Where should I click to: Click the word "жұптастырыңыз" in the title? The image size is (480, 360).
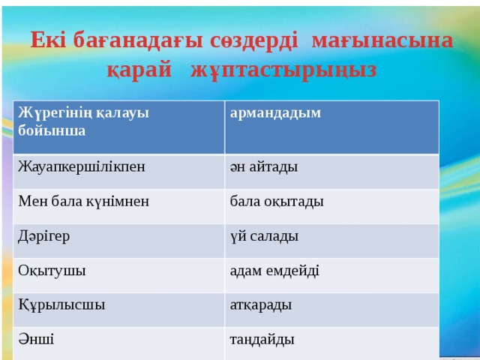click(x=283, y=70)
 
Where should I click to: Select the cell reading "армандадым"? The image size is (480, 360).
click(x=276, y=113)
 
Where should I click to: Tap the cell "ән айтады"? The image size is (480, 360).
click(x=264, y=167)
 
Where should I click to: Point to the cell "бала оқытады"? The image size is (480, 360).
click(x=277, y=202)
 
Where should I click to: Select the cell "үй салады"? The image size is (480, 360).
click(x=265, y=236)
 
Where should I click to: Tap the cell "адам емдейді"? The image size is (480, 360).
click(x=275, y=271)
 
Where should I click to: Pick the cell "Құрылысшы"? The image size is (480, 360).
click(x=61, y=305)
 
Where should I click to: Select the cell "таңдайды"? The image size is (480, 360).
click(x=262, y=340)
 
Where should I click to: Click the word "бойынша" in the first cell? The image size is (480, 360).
click(x=52, y=130)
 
